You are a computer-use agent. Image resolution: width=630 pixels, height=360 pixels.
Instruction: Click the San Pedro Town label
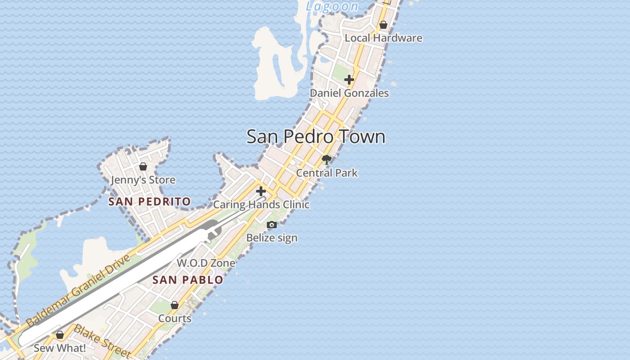[x=316, y=137]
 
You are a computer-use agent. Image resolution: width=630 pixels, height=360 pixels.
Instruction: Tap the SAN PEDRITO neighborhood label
[x=149, y=202]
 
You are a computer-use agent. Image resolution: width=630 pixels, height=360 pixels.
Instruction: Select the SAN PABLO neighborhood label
[x=188, y=280]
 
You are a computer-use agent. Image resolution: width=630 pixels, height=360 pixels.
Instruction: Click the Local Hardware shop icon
[x=383, y=25]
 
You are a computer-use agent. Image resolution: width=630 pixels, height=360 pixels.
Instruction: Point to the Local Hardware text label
[x=383, y=38]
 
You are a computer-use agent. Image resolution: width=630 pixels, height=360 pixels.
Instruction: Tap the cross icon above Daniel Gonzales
[x=349, y=80]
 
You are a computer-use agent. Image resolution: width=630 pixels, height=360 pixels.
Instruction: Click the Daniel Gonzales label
[x=349, y=93]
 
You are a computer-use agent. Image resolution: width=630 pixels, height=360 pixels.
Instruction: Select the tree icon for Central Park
[x=327, y=159]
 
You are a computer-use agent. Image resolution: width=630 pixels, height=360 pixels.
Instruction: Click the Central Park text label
[x=327, y=173]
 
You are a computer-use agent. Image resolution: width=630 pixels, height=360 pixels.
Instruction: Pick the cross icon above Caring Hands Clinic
[x=261, y=191]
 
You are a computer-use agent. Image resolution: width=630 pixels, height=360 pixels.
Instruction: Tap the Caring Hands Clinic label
[x=261, y=205]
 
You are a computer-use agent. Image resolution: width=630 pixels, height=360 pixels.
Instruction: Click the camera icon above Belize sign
[x=272, y=225]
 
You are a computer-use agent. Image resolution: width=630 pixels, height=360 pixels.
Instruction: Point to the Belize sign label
[x=272, y=238]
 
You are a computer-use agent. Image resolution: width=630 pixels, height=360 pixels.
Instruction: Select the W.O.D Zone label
[x=206, y=263]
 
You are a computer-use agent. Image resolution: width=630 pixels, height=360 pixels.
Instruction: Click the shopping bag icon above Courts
[x=175, y=305]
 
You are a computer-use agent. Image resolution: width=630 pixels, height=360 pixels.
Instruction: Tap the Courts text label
[x=175, y=319]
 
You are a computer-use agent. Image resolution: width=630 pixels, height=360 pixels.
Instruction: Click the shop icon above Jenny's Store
[x=143, y=166]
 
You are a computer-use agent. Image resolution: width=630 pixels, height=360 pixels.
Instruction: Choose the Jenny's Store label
[x=143, y=180]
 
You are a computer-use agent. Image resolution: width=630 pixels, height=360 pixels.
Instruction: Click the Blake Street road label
[x=102, y=342]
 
